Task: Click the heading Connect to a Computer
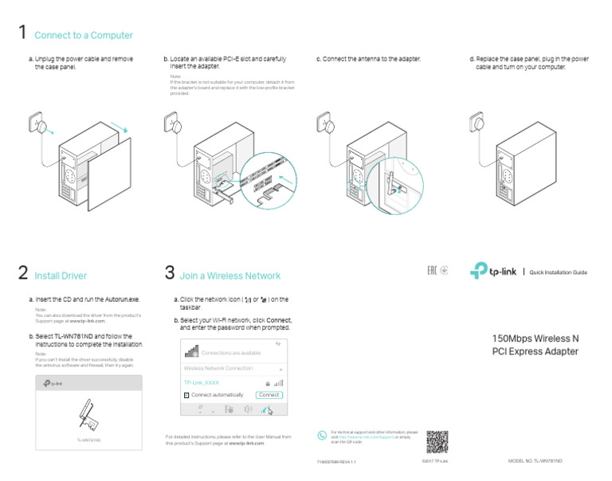[84, 36]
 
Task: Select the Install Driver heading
[61, 276]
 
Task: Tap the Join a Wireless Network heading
[230, 276]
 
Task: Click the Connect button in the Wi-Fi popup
[269, 395]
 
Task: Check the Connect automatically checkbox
[186, 395]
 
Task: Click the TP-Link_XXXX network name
[202, 382]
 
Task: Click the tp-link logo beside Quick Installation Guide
[489, 272]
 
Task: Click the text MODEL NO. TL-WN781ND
[535, 461]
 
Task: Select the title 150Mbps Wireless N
[535, 338]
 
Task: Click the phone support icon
[322, 436]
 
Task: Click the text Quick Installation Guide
[558, 272]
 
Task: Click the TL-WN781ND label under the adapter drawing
[88, 440]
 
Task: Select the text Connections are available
[230, 353]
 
